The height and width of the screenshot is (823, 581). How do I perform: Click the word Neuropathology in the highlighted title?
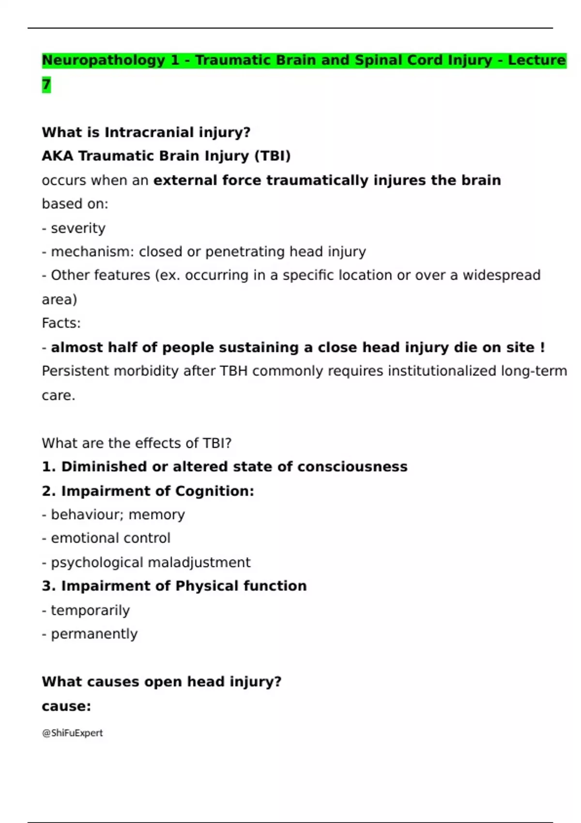(104, 61)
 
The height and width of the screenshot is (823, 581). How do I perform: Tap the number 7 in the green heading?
(46, 85)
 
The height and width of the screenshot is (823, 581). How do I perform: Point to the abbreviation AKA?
(57, 156)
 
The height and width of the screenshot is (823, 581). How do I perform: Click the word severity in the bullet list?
(78, 228)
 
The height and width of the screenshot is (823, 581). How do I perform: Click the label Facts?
(61, 323)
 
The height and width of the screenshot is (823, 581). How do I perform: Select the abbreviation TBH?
(234, 371)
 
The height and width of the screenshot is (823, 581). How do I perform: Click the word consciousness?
(352, 467)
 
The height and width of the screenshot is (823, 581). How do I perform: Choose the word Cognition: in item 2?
(214, 491)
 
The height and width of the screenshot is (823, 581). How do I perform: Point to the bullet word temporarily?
(90, 610)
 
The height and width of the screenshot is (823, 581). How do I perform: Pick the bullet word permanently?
(94, 634)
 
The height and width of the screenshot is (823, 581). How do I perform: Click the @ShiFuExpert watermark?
(72, 733)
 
